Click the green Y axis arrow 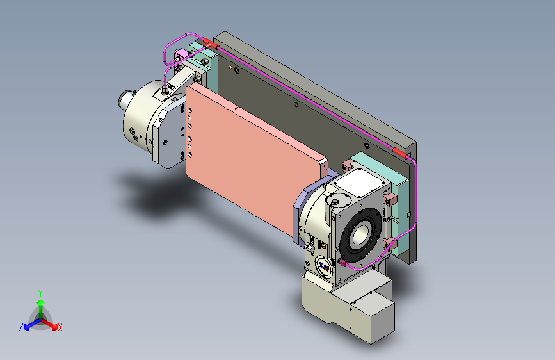coord(41,308)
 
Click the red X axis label coord(60,327)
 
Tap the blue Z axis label coord(21,327)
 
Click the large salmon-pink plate coord(255,156)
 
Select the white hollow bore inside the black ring coord(360,234)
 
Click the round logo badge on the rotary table coord(324,266)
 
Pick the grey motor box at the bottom coord(373,318)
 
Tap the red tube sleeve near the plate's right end coord(399,152)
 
